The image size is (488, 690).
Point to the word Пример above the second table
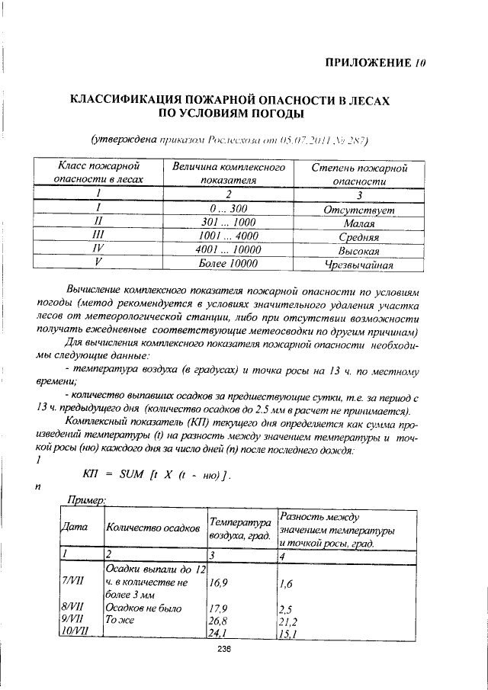[x=85, y=499]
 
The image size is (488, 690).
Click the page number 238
[x=223, y=650]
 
